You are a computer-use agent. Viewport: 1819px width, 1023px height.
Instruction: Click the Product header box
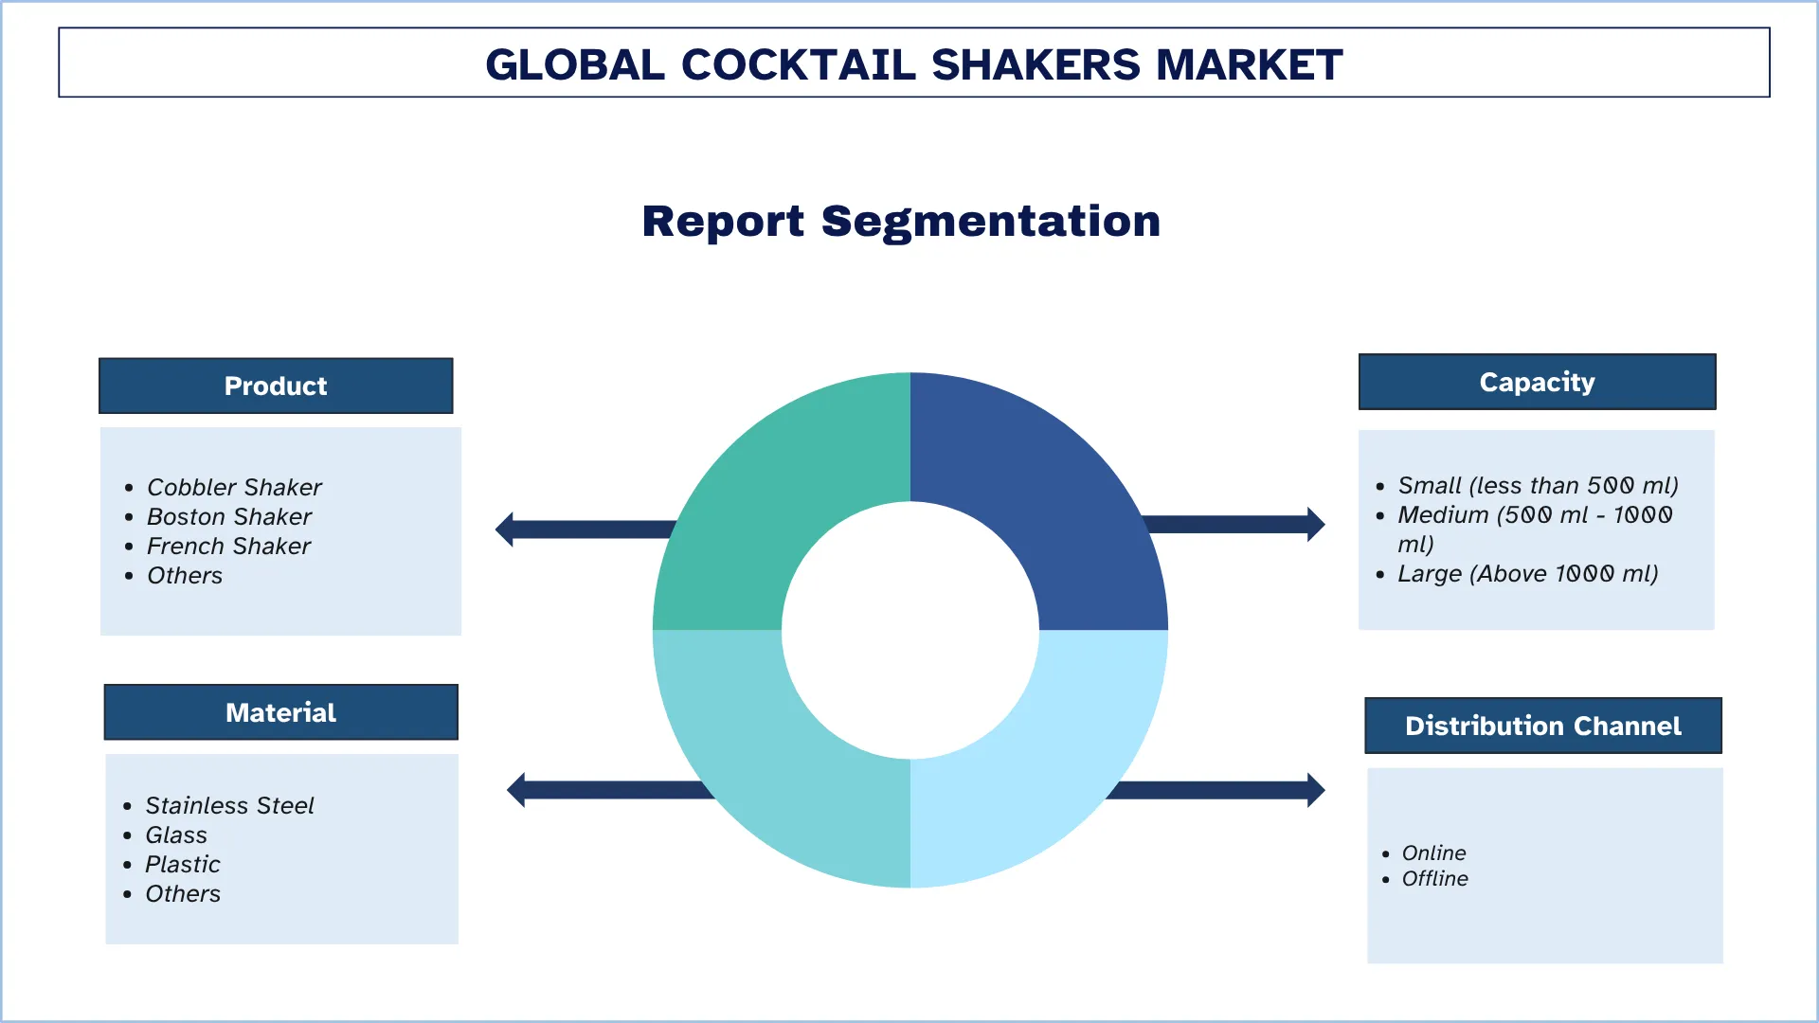[276, 386]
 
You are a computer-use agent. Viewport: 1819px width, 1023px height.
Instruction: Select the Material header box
[280, 712]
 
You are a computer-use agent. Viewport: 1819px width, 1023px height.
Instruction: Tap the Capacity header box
[1537, 382]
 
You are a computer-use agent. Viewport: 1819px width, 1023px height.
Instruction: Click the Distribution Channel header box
[1542, 726]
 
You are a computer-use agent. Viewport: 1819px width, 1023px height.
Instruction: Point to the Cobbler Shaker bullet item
[234, 487]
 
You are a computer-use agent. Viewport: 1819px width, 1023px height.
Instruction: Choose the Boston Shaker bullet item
[229, 516]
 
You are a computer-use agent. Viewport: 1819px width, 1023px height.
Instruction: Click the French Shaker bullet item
[228, 546]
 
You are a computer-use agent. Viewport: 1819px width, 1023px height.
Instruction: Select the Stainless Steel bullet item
[229, 805]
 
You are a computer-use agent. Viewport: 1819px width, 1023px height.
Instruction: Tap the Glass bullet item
[176, 835]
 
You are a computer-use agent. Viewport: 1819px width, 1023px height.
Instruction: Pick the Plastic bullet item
[183, 864]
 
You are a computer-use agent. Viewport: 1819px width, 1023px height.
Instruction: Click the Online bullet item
[1433, 852]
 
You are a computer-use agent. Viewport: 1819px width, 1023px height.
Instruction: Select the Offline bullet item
[1434, 878]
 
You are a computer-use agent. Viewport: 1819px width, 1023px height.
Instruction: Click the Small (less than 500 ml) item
[1538, 485]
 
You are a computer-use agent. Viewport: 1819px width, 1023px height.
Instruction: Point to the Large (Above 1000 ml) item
[1527, 573]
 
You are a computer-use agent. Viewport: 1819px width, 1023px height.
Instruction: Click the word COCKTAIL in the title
[798, 64]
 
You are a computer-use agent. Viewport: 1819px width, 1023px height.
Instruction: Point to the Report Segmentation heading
[901, 221]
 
